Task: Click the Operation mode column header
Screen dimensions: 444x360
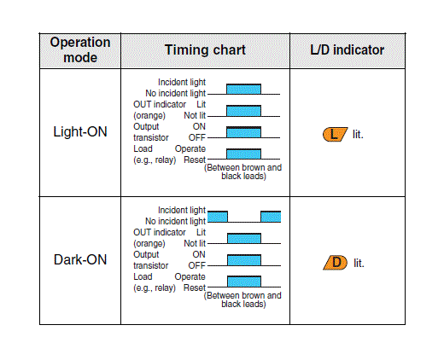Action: point(80,49)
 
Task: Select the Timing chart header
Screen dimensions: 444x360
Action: point(205,50)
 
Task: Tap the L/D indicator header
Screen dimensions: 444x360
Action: point(348,49)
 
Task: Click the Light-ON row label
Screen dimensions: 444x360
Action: point(80,131)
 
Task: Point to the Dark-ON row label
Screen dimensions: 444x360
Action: point(80,259)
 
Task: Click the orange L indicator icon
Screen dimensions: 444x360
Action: point(335,134)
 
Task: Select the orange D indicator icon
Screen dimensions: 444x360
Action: point(336,263)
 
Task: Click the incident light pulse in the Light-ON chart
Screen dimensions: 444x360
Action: point(243,89)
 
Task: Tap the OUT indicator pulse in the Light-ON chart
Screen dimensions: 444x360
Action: point(243,111)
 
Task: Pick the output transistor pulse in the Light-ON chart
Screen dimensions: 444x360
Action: point(243,132)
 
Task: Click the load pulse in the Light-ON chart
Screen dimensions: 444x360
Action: point(243,154)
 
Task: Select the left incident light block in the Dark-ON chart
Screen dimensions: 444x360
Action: point(218,217)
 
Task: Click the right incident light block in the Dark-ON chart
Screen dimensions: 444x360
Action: point(271,217)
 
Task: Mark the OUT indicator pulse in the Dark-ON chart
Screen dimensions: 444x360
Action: point(244,238)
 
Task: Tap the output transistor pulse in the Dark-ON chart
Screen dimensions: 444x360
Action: point(244,260)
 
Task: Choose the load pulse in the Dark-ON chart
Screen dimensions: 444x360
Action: point(244,282)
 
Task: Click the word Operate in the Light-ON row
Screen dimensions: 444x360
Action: point(190,149)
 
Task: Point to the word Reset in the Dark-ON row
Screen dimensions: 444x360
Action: point(195,287)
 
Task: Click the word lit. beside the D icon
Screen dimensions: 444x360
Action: point(359,263)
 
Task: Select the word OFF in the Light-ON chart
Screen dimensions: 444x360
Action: point(197,137)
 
